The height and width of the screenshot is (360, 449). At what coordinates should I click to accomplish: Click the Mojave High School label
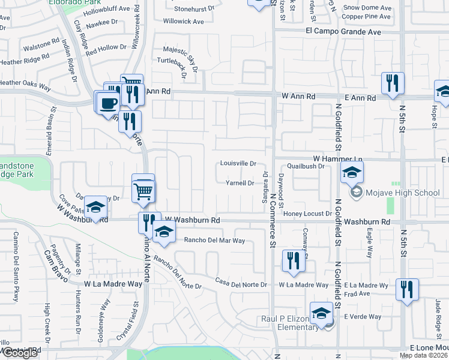pos(404,193)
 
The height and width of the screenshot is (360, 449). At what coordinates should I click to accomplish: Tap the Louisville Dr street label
pos(238,163)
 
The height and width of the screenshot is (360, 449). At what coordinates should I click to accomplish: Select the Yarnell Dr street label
pos(240,183)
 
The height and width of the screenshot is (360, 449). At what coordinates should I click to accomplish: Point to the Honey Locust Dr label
pos(308,214)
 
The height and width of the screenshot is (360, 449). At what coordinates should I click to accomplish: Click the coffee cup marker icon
pos(108,103)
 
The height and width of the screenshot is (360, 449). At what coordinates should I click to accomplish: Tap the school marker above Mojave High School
pos(352,173)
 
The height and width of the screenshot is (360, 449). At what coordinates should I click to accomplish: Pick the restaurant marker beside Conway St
pos(292,261)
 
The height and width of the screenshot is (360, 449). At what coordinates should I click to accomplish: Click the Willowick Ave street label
pos(184,22)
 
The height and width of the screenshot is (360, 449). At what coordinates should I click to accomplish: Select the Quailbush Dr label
pos(306,166)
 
